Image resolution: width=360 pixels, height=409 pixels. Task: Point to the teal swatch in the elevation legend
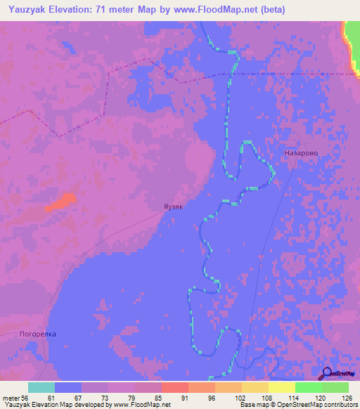41,387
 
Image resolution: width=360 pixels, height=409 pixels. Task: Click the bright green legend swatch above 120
308,387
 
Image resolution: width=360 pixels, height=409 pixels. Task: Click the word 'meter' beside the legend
11,398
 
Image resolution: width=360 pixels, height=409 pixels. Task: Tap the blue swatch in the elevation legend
67,387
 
